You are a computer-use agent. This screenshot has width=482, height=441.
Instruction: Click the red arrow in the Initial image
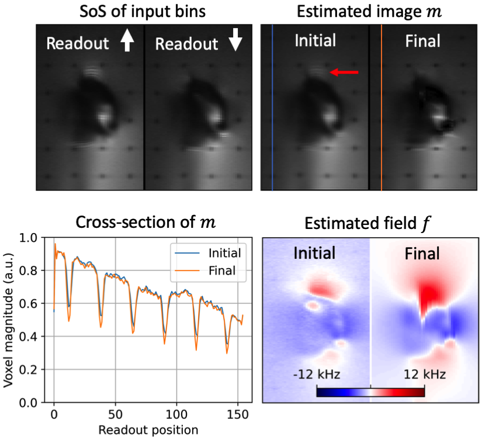pyautogui.click(x=344, y=72)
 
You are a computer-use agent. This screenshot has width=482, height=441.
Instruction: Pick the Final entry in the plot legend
pyautogui.click(x=222, y=270)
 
